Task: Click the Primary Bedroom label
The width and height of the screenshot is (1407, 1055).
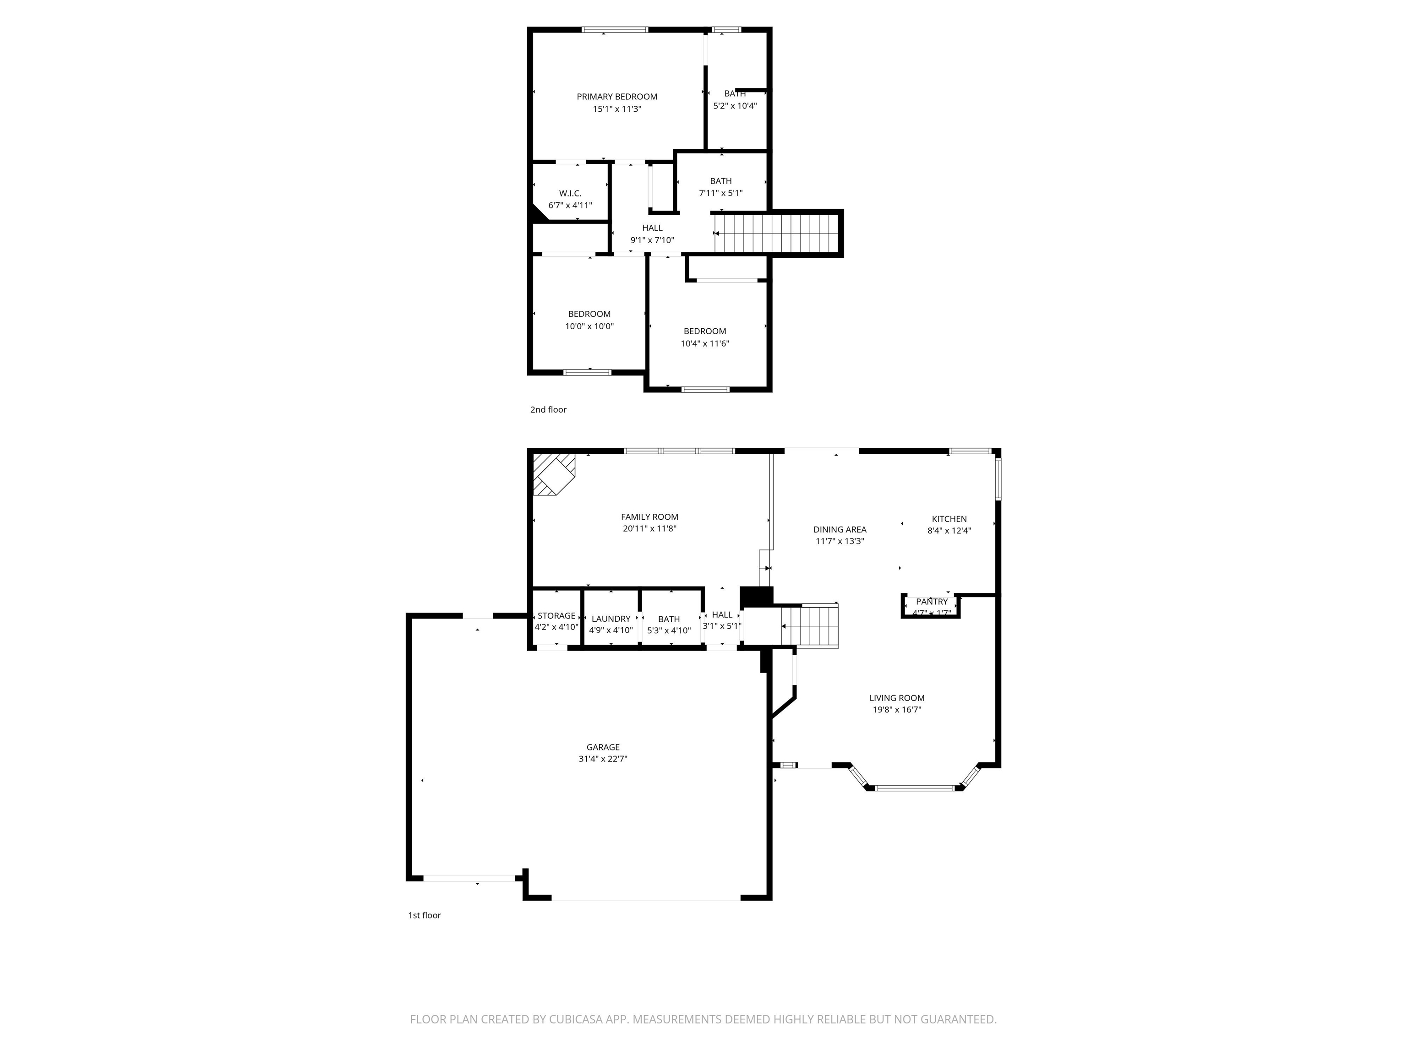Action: pyautogui.click(x=616, y=97)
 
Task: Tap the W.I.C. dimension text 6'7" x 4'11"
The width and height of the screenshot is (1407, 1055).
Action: pyautogui.click(x=570, y=206)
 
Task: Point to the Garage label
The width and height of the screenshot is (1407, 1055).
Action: pyautogui.click(x=602, y=747)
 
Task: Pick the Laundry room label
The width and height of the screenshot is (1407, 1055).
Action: pyautogui.click(x=611, y=619)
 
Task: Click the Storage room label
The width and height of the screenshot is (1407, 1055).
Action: pyautogui.click(x=556, y=615)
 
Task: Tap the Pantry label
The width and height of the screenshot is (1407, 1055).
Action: pyautogui.click(x=931, y=602)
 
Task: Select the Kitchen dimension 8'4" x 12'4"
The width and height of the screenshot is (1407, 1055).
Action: pyautogui.click(x=949, y=530)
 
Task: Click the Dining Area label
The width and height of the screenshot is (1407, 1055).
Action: pyautogui.click(x=840, y=529)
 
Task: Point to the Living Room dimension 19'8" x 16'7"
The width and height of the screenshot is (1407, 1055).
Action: pyautogui.click(x=897, y=710)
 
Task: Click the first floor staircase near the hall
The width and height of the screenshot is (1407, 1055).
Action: pyautogui.click(x=809, y=626)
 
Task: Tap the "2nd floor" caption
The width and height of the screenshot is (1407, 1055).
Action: pyautogui.click(x=548, y=409)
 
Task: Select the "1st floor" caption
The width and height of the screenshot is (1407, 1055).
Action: pyautogui.click(x=424, y=915)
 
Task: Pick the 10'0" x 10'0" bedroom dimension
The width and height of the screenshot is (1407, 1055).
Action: pyautogui.click(x=589, y=326)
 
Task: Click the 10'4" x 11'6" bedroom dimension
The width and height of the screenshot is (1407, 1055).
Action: pyautogui.click(x=704, y=343)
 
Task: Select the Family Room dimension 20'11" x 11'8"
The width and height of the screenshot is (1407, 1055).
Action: pyautogui.click(x=649, y=528)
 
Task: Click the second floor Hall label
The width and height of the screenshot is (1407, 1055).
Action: pyautogui.click(x=652, y=228)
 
